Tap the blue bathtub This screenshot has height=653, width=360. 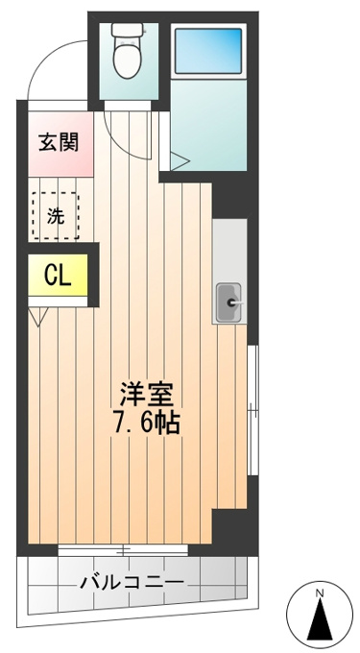(x=208, y=50)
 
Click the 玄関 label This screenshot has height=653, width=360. (x=59, y=143)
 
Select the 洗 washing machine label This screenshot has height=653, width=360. (x=56, y=216)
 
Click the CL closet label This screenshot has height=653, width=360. (x=58, y=275)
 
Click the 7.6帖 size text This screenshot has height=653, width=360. (x=146, y=423)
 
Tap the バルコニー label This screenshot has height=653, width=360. (x=132, y=581)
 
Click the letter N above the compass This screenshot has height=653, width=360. (x=320, y=593)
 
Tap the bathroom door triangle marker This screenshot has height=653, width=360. (x=179, y=161)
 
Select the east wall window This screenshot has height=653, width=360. (x=252, y=410)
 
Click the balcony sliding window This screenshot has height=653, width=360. (x=123, y=549)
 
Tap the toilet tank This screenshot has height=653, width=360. (x=128, y=29)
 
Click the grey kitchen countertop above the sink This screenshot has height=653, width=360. (x=229, y=250)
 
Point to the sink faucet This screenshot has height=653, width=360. (x=234, y=303)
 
